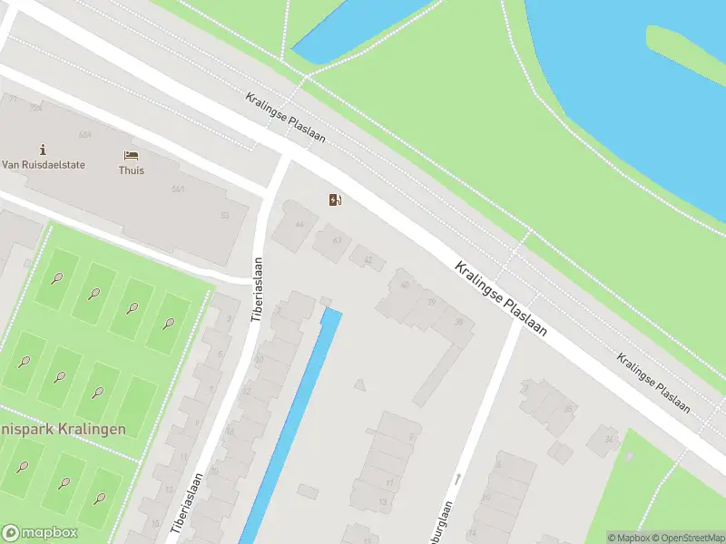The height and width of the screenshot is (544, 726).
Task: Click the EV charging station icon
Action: pyautogui.click(x=336, y=200)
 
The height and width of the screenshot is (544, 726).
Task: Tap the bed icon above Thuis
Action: pyautogui.click(x=132, y=156)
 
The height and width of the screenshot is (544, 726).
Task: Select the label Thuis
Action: pyautogui.click(x=132, y=170)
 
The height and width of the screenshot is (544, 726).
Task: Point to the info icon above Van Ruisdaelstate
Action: pyautogui.click(x=43, y=150)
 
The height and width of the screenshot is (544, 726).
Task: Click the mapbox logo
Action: pyautogui.click(x=40, y=533)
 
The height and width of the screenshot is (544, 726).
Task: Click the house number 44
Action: pyautogui.click(x=299, y=224)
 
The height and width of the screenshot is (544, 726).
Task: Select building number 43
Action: pyautogui.click(x=337, y=240)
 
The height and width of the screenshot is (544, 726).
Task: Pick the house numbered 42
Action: pyautogui.click(x=368, y=260)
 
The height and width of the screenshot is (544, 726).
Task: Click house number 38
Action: pyautogui.click(x=458, y=321)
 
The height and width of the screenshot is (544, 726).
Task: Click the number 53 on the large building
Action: pyautogui.click(x=225, y=216)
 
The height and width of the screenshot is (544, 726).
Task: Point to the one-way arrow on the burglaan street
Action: pyautogui.click(x=459, y=477)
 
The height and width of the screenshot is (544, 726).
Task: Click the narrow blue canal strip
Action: pyautogui.click(x=290, y=426)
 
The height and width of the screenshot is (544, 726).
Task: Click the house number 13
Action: pyautogui.click(x=384, y=501)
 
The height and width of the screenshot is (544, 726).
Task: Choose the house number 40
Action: pyautogui.click(x=405, y=285)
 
